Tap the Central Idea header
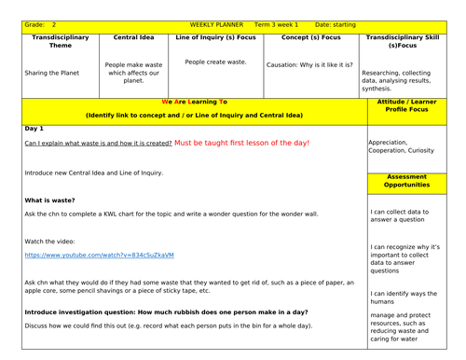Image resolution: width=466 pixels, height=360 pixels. [133, 37]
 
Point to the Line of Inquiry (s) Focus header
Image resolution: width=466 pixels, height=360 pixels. [215, 37]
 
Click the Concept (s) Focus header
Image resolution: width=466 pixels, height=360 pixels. [310, 37]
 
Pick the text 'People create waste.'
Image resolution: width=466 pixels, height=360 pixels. [215, 62]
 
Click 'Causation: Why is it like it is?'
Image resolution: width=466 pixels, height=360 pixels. [310, 65]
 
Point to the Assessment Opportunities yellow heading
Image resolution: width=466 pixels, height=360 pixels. [408, 180]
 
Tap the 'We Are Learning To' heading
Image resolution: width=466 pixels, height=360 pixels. [194, 101]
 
